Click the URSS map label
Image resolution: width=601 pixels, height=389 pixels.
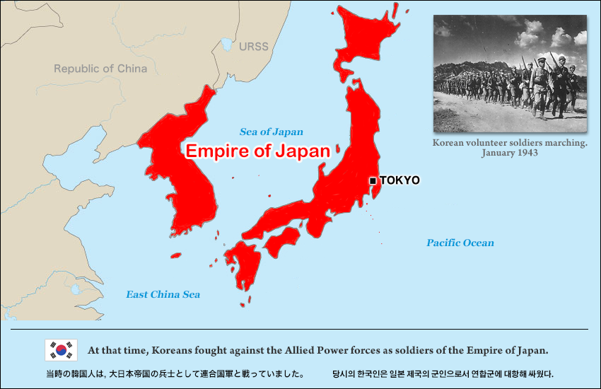pyautogui.click(x=253, y=47)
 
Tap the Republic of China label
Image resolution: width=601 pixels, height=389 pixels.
pyautogui.click(x=100, y=69)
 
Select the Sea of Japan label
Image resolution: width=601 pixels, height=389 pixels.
pyautogui.click(x=271, y=132)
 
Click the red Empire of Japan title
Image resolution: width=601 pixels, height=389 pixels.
pyautogui.click(x=257, y=151)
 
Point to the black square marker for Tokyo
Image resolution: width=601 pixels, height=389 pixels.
pyautogui.click(x=373, y=181)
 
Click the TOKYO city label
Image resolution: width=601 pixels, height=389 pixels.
pyautogui.click(x=399, y=180)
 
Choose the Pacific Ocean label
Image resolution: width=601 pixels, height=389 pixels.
pyautogui.click(x=460, y=243)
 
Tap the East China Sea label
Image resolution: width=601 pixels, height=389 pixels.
pyautogui.click(x=163, y=294)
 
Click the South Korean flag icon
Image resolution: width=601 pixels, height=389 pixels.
pyautogui.click(x=61, y=350)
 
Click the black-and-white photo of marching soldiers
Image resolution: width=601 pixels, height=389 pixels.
pyautogui.click(x=509, y=74)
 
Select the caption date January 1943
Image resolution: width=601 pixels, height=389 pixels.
pyautogui.click(x=510, y=153)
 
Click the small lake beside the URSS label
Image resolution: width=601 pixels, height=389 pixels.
pyautogui.click(x=226, y=45)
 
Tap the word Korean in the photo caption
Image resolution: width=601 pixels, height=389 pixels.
pyautogui.click(x=450, y=143)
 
